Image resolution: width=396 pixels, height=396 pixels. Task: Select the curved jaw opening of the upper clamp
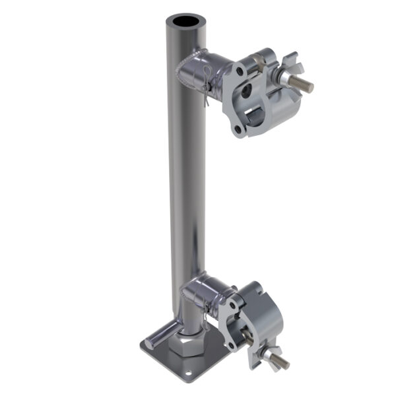(x=258, y=119)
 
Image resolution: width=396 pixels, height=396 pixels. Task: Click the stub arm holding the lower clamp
(x=205, y=290)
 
